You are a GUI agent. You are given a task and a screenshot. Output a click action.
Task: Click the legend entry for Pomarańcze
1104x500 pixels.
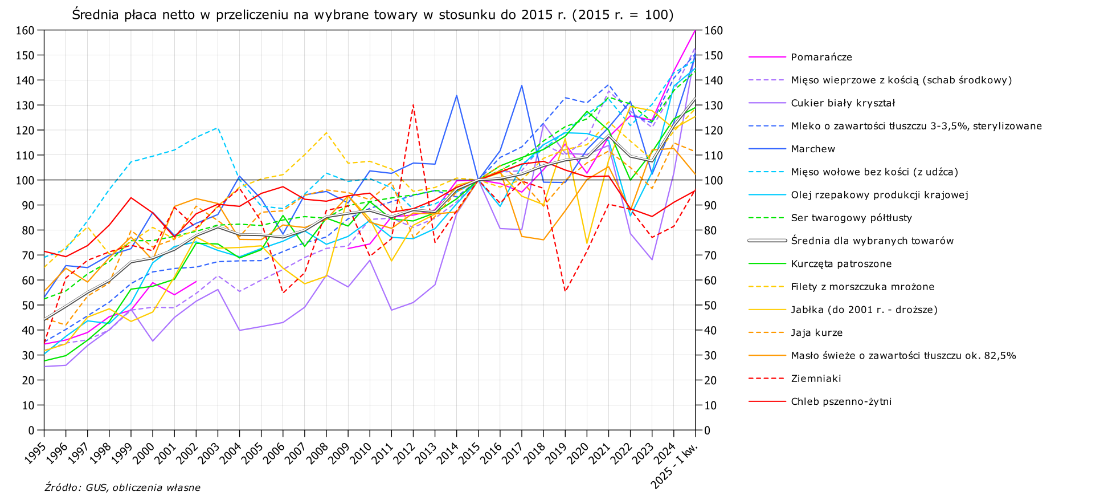click(x=821, y=57)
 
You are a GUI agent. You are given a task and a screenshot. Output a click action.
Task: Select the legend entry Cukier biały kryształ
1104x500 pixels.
click(x=843, y=103)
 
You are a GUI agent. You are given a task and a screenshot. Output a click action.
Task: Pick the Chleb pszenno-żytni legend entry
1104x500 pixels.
click(x=841, y=401)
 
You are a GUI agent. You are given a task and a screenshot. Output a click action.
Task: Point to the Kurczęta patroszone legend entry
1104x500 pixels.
click(x=841, y=263)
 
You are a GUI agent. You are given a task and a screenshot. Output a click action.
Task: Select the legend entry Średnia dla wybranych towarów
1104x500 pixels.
click(x=872, y=241)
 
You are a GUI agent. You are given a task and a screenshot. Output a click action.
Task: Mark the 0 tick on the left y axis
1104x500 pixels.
click(x=32, y=430)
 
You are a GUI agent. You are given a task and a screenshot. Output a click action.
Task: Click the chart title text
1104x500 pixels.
click(x=373, y=15)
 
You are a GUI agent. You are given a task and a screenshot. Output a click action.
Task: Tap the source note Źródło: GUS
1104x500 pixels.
click(x=122, y=487)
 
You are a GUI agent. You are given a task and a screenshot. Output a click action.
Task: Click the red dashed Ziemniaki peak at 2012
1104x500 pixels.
click(x=413, y=105)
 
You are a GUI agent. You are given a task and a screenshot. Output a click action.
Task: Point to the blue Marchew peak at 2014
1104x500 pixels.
click(x=456, y=95)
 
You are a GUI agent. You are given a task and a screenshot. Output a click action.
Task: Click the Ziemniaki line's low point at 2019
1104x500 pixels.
click(x=565, y=291)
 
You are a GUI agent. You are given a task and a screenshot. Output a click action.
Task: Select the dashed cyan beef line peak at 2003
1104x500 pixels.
click(x=218, y=128)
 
